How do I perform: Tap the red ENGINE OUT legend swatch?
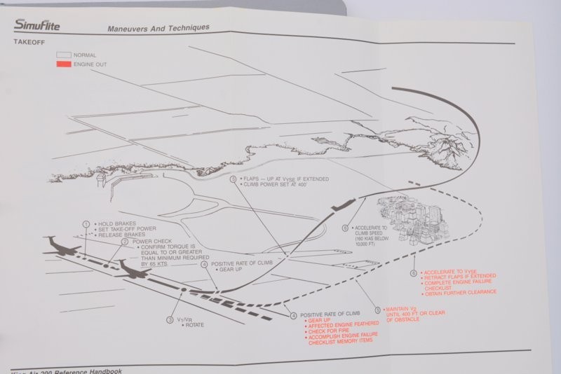pyautogui.click(x=64, y=64)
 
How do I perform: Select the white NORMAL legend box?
pyautogui.click(x=64, y=54)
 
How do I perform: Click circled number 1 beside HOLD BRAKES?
pyautogui.click(x=86, y=224)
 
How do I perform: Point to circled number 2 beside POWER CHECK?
pyautogui.click(x=124, y=242)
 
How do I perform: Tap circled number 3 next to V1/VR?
pyautogui.click(x=169, y=319)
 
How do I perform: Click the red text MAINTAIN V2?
pyautogui.click(x=401, y=310)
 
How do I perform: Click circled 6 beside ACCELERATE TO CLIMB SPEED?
pyautogui.click(x=344, y=228)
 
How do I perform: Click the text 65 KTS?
pyautogui.click(x=161, y=265)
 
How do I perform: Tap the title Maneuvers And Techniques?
pyautogui.click(x=158, y=29)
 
